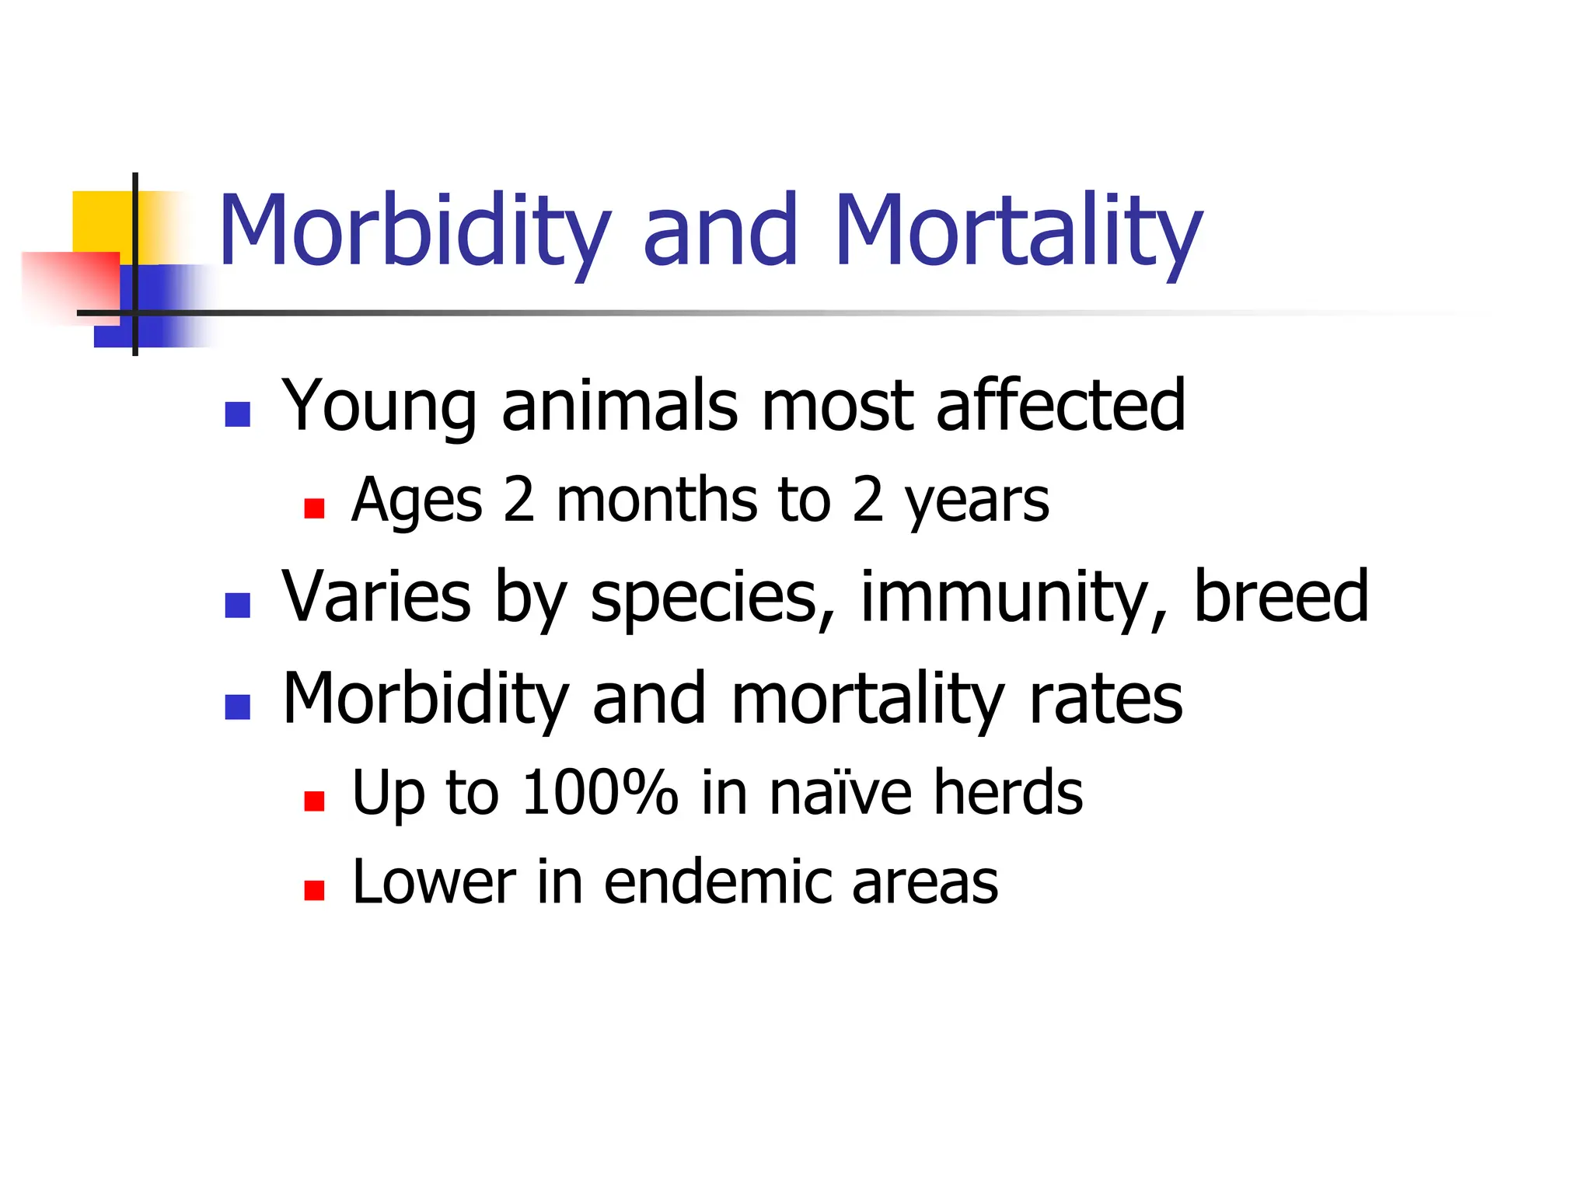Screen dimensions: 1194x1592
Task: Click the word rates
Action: coord(1105,698)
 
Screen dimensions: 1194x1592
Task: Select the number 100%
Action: coord(600,792)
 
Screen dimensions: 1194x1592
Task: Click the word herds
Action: coord(1007,792)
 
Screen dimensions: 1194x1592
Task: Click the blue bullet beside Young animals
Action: coord(237,414)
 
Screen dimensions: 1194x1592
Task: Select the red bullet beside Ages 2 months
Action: coord(314,508)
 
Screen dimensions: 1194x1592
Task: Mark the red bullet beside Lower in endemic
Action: coord(314,890)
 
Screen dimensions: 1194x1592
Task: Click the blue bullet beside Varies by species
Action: coord(237,605)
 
